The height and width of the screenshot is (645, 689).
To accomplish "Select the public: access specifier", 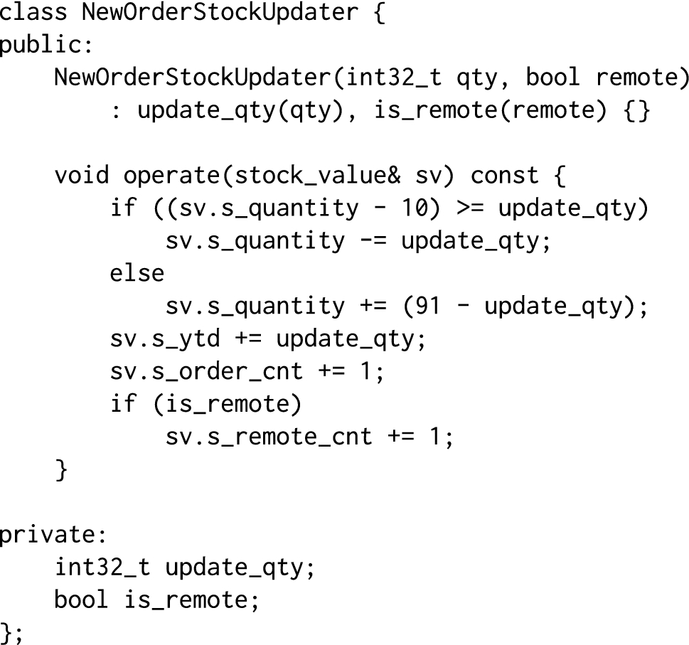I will coord(46,45).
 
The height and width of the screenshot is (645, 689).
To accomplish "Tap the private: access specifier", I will coord(53,535).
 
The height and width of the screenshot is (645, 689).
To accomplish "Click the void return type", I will coord(82,175).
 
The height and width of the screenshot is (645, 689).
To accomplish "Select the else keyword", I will coord(137,273).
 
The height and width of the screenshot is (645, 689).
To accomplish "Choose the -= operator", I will coord(373,240).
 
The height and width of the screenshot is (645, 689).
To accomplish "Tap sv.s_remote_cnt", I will coord(269,436).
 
